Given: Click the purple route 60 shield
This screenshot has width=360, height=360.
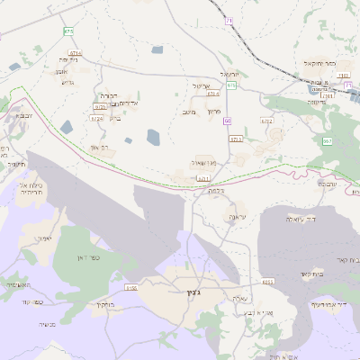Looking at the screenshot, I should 228,121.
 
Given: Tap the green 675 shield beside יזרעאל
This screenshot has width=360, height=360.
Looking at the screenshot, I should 230,85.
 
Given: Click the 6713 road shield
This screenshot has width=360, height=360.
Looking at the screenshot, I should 237,139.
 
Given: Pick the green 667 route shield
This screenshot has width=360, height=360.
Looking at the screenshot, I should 327,141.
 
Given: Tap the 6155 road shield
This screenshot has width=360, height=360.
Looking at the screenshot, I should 131,288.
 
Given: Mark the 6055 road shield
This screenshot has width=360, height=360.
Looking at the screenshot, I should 267,282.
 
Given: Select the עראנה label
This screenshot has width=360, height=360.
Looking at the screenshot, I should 237,217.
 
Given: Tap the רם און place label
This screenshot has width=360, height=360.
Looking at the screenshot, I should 100,148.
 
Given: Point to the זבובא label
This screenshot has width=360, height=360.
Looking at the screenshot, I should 25,116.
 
